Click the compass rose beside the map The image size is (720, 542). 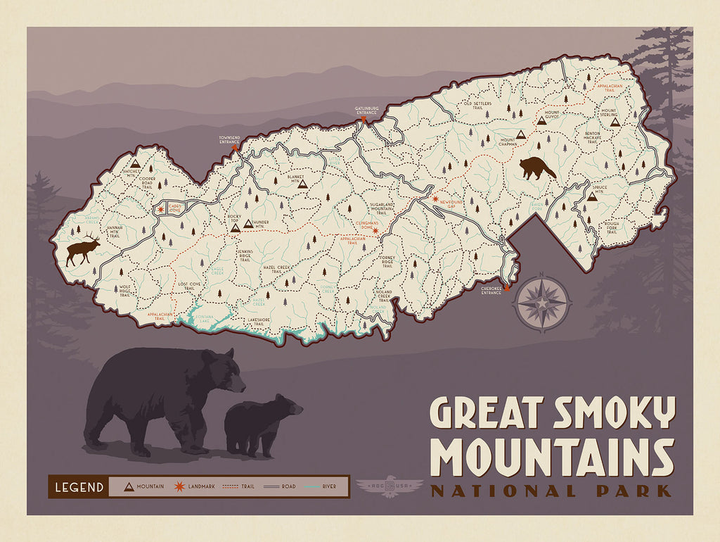(542, 303)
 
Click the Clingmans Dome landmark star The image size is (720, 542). (375, 230)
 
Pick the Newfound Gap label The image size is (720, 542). (453, 201)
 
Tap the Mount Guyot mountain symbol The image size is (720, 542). (541, 120)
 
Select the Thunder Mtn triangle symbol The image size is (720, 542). (247, 225)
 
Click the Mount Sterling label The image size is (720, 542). (608, 113)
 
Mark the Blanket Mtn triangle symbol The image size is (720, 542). (303, 183)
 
